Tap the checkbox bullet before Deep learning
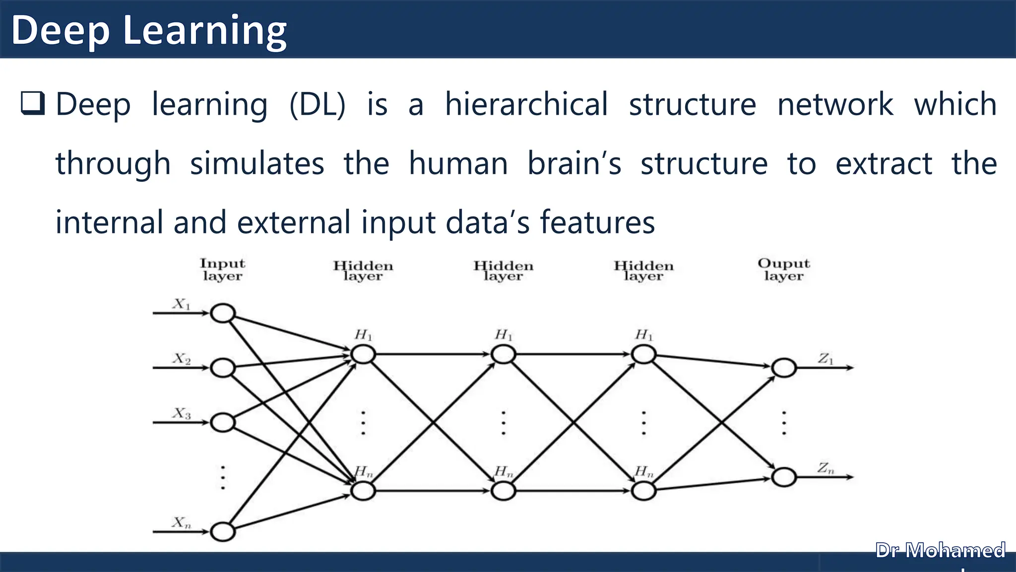[x=33, y=103]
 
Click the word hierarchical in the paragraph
[x=526, y=104]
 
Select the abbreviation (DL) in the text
[x=317, y=104]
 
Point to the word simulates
[x=257, y=163]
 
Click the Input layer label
[x=222, y=270]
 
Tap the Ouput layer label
[x=783, y=270]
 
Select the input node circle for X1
[x=223, y=313]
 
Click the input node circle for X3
[x=223, y=423]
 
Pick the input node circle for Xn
[x=223, y=532]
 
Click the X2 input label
[x=182, y=358]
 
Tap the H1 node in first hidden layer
[x=363, y=355]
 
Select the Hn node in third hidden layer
[x=643, y=491]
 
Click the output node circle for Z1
[x=784, y=368]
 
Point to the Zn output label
[x=826, y=468]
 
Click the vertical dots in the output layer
[x=784, y=423]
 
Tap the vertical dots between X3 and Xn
[x=223, y=478]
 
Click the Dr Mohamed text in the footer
[x=940, y=551]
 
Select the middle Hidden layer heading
[x=503, y=271]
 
